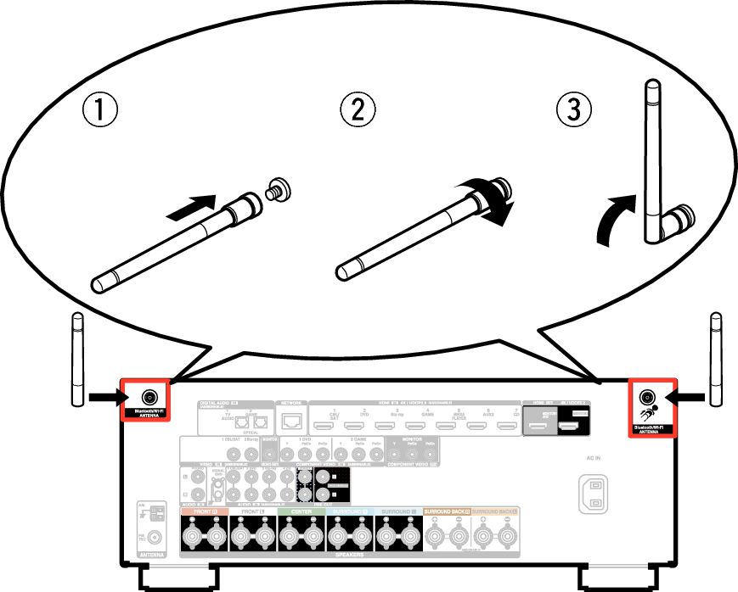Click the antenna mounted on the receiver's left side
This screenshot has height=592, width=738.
(x=77, y=360)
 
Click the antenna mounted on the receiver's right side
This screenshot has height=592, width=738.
(x=716, y=360)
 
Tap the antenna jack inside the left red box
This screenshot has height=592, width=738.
(x=149, y=397)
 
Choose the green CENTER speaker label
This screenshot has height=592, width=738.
(x=301, y=512)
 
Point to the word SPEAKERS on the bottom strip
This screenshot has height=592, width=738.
(x=348, y=554)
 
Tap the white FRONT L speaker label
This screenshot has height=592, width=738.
(x=252, y=512)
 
